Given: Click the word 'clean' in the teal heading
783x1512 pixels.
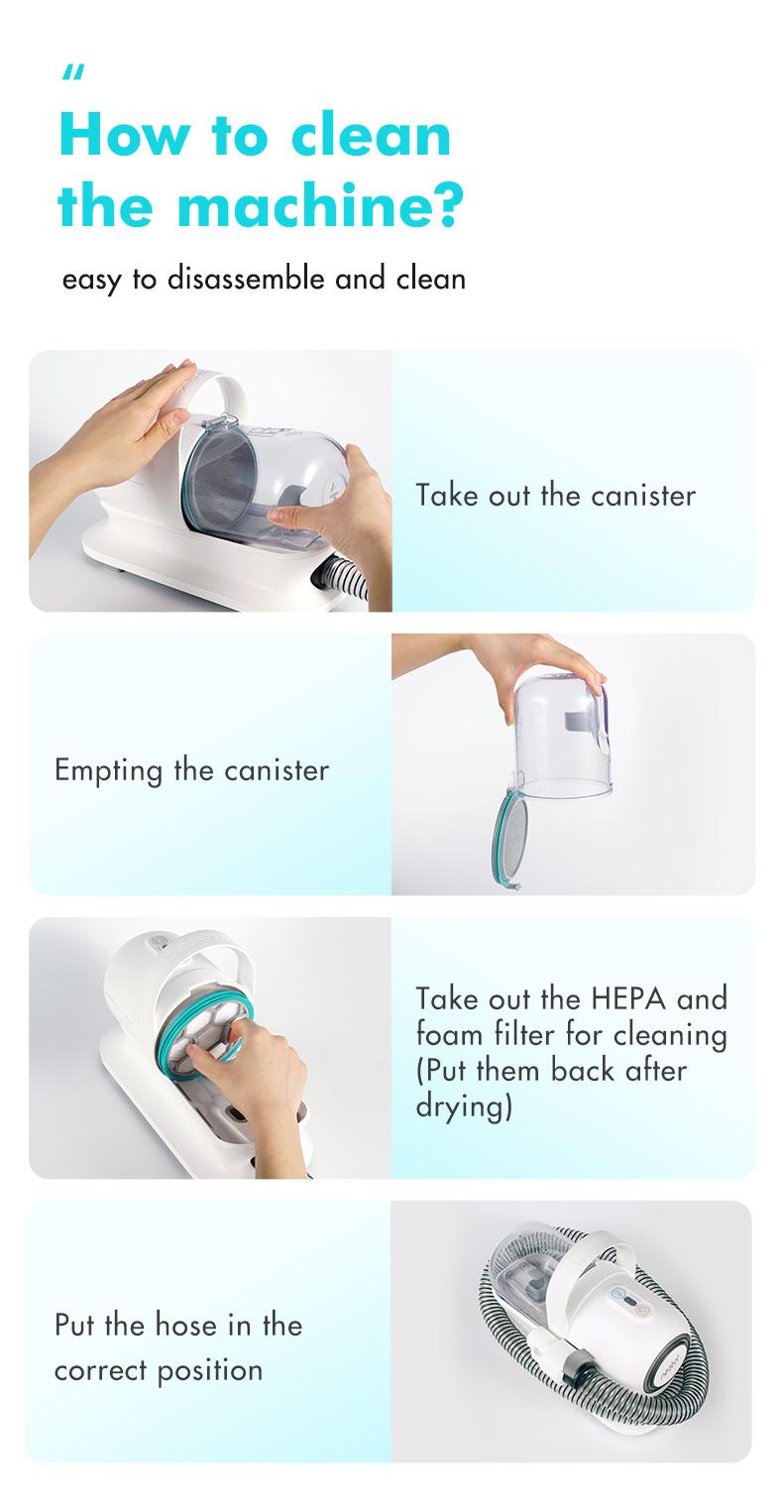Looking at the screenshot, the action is pyautogui.click(x=371, y=134).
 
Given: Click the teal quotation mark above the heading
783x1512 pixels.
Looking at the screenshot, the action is pyautogui.click(x=73, y=72).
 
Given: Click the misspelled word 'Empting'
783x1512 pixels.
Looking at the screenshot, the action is pyautogui.click(x=109, y=771).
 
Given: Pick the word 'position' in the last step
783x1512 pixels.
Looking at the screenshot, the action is pyautogui.click(x=210, y=1371).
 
